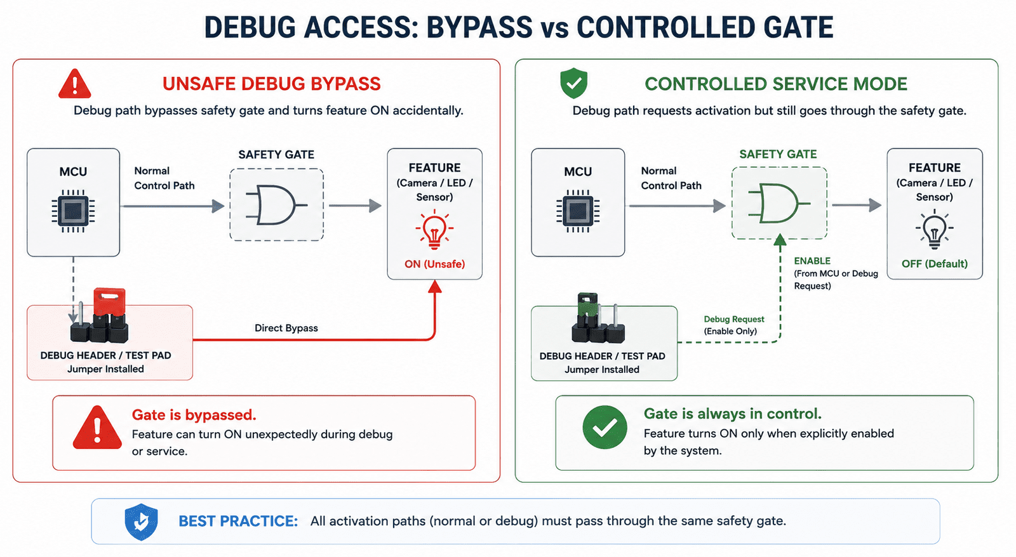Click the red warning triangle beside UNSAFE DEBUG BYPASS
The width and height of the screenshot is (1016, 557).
pyautogui.click(x=75, y=84)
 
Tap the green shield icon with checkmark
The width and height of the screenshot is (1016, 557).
pyautogui.click(x=574, y=83)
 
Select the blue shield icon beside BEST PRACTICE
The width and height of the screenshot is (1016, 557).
pyautogui.click(x=142, y=521)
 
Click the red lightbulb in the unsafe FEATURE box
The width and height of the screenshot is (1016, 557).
pyautogui.click(x=434, y=229)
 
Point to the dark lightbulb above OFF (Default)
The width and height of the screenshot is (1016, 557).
pyautogui.click(x=934, y=229)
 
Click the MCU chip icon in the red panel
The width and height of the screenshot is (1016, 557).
pyautogui.click(x=74, y=211)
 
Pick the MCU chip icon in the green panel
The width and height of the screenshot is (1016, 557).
pyautogui.click(x=578, y=211)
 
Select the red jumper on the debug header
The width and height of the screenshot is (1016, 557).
pyautogui.click(x=109, y=303)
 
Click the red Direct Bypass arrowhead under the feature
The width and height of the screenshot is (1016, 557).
pyautogui.click(x=434, y=287)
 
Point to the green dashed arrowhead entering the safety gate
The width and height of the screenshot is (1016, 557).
pyautogui.click(x=780, y=240)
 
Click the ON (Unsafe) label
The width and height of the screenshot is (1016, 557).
pyautogui.click(x=434, y=264)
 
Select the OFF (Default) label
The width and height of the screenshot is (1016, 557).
pyautogui.click(x=934, y=264)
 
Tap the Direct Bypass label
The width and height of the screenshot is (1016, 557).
pyautogui.click(x=286, y=328)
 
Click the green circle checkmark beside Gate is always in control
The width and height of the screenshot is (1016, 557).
pyautogui.click(x=605, y=428)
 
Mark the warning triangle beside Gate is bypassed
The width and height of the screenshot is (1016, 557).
pyautogui.click(x=97, y=428)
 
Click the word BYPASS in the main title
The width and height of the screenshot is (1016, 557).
pyautogui.click(x=479, y=28)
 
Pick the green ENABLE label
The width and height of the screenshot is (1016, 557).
pyautogui.click(x=812, y=261)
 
